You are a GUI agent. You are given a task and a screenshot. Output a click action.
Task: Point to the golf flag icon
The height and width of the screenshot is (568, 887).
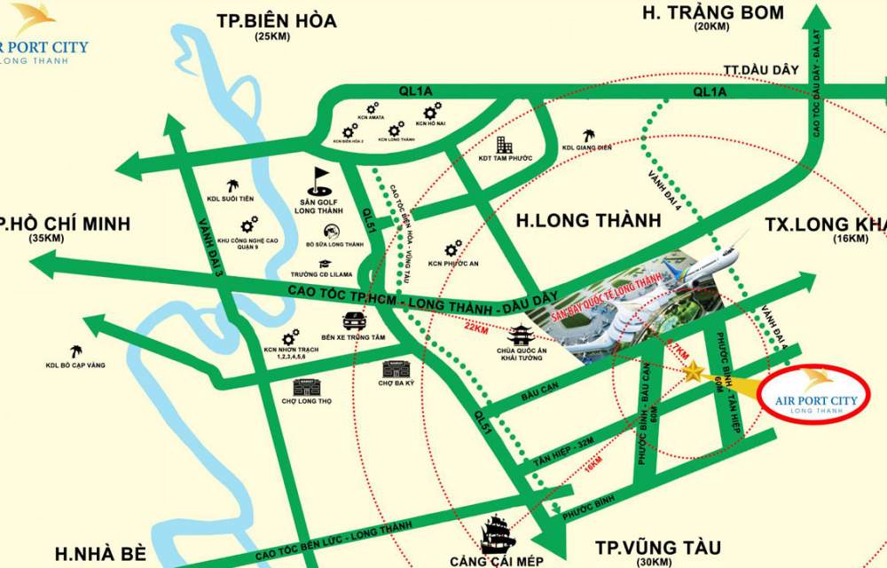click(320, 180)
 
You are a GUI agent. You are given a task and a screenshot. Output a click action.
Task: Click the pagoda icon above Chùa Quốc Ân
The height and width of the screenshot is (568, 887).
click(520, 335)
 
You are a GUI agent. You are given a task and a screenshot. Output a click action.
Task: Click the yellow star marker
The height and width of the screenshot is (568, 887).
click(692, 372)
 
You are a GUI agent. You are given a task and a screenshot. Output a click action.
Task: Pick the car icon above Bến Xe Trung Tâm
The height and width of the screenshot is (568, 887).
click(353, 320)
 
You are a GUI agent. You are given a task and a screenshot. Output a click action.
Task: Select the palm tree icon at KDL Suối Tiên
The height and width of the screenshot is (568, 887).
click(233, 185)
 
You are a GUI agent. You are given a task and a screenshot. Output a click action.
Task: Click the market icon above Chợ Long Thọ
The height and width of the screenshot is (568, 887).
click(305, 386)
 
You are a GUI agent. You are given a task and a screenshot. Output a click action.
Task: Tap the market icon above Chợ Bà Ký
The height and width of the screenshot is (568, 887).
click(393, 368)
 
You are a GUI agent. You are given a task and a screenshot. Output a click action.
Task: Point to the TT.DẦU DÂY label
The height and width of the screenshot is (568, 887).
click(762, 69)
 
